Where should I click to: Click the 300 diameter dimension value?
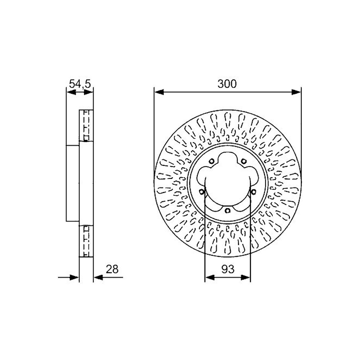pos(227,84)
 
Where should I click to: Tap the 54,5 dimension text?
pos(80,84)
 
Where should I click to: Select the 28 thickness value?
pos(112,269)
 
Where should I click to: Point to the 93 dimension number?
pos(227,269)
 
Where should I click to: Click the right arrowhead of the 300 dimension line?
pos(296,92)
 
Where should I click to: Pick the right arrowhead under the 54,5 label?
pos(89,92)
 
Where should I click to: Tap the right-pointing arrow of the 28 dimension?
pos(75,278)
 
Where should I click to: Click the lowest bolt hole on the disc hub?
pos(227,211)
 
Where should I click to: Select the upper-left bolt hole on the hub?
pos(212,161)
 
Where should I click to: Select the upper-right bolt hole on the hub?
pos(243,161)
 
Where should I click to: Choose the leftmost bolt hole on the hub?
pos(202,192)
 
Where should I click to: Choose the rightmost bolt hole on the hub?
pos(253,192)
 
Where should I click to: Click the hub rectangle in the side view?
pos(73,183)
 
